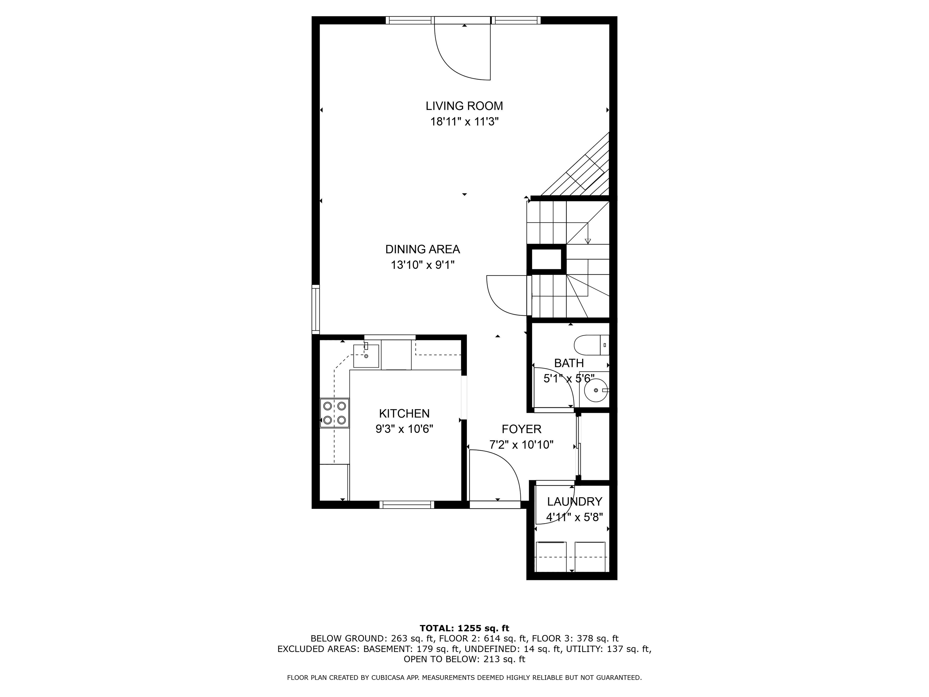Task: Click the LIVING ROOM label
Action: point(464,106)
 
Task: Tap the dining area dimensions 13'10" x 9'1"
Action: point(422,265)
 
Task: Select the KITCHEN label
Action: point(404,414)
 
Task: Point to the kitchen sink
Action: point(366,355)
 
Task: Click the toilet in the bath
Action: point(590,345)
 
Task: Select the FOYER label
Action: point(521,429)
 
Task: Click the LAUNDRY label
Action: point(574,501)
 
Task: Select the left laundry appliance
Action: point(551,557)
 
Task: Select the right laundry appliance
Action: point(590,557)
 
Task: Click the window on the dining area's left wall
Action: point(315,309)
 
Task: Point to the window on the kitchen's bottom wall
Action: point(406,505)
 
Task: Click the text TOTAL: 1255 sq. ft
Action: point(464,628)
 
